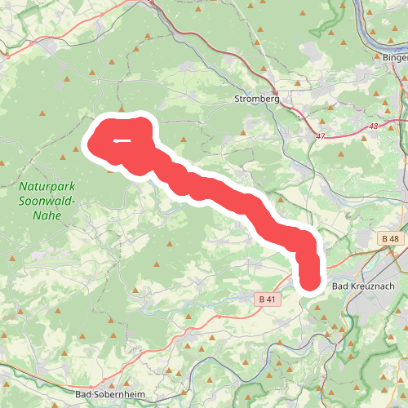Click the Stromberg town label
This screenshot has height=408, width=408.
tap(256, 99)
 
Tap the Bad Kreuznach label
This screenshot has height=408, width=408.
tap(364, 286)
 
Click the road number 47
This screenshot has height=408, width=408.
tap(320, 136)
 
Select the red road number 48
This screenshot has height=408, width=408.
tap(374, 126)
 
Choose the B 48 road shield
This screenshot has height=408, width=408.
tap(390, 237)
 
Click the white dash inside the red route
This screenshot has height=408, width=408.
tap(123, 140)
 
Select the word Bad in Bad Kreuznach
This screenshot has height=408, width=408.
tap(341, 286)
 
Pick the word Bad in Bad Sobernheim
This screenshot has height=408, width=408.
tap(82, 395)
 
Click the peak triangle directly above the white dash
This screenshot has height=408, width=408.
tap(122, 108)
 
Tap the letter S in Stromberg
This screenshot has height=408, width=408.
tap(237, 99)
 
